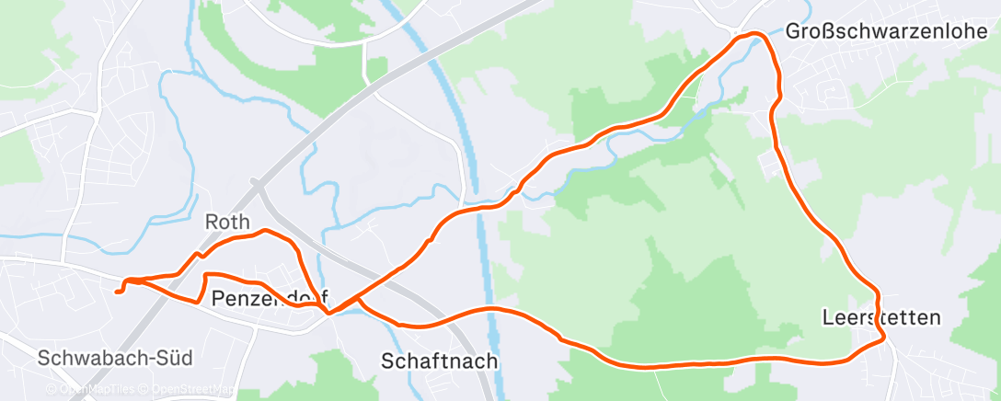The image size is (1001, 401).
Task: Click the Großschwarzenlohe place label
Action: pos(885,31)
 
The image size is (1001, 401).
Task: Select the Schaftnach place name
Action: pos(440,361)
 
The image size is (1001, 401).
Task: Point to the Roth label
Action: pos(227,223)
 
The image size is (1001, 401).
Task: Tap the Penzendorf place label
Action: pos(270,298)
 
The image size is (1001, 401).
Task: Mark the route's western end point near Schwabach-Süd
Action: pos(118,292)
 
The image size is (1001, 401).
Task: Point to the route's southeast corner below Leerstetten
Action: pos(884,338)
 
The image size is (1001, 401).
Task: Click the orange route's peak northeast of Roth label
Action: pos(265,230)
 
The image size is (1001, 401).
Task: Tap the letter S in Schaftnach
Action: pos(387,361)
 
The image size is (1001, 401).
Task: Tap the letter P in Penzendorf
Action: pos(218,298)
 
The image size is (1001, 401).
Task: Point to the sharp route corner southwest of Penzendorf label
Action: pos(201,301)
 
